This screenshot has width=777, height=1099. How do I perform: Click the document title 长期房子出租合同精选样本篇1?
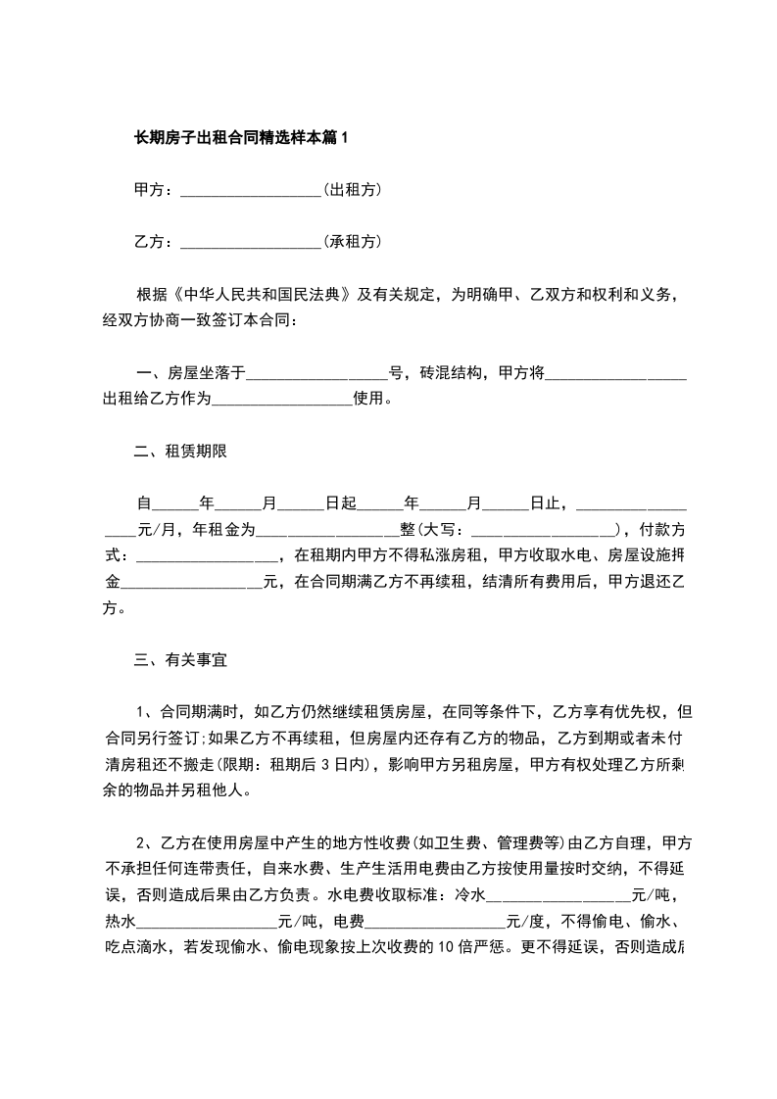pos(241,138)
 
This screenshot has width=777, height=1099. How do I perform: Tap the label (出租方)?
pos(352,189)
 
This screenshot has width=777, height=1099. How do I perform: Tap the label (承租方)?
pos(352,241)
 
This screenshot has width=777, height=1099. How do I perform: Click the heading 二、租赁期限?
pos(180,451)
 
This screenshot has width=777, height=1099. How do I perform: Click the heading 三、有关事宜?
pos(180,660)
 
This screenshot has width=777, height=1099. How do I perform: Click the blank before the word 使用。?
pos(281,400)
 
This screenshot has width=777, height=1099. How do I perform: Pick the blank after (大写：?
pos(545,530)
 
